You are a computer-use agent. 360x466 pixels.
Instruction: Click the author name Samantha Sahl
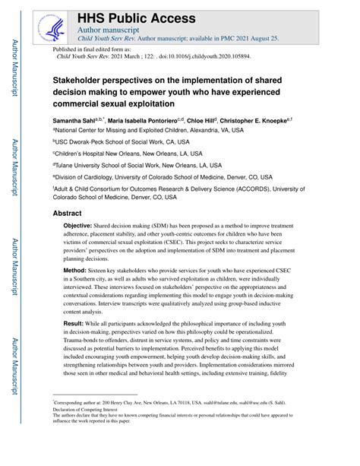click(76, 120)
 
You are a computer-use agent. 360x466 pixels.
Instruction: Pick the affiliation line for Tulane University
click(137, 164)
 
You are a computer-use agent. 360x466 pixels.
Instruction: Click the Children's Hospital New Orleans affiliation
click(125, 153)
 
